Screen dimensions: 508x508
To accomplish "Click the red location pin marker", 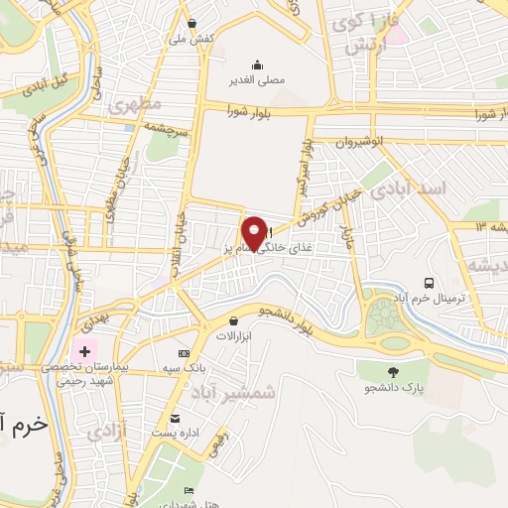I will pos(255,232).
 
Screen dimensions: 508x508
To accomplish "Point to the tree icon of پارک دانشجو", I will pos(395,371).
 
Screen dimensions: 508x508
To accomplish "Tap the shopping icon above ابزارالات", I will pos(233,320).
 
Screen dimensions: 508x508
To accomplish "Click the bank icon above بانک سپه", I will pos(184,354).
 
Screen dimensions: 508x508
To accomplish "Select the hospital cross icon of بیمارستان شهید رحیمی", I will pos(85,351).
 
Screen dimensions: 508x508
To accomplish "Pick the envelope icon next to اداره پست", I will pos(176,418).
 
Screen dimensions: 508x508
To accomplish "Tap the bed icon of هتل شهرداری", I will pos(189,490).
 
